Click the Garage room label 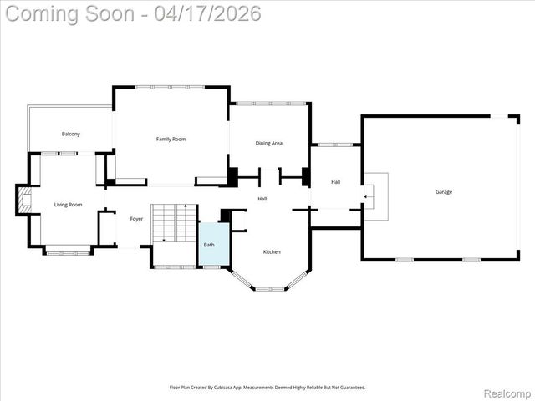click(x=443, y=192)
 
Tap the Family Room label click(x=171, y=139)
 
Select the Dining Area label click(x=268, y=143)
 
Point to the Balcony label click(x=70, y=135)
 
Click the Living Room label click(x=69, y=205)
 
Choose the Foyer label click(x=136, y=219)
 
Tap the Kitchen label click(x=272, y=251)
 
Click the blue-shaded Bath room click(x=212, y=245)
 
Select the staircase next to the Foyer click(x=173, y=223)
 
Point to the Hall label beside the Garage click(x=335, y=182)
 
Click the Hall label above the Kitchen click(x=262, y=199)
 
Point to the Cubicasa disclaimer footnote click(x=267, y=388)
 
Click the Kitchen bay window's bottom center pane click(x=270, y=289)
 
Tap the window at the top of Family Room click(x=171, y=87)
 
